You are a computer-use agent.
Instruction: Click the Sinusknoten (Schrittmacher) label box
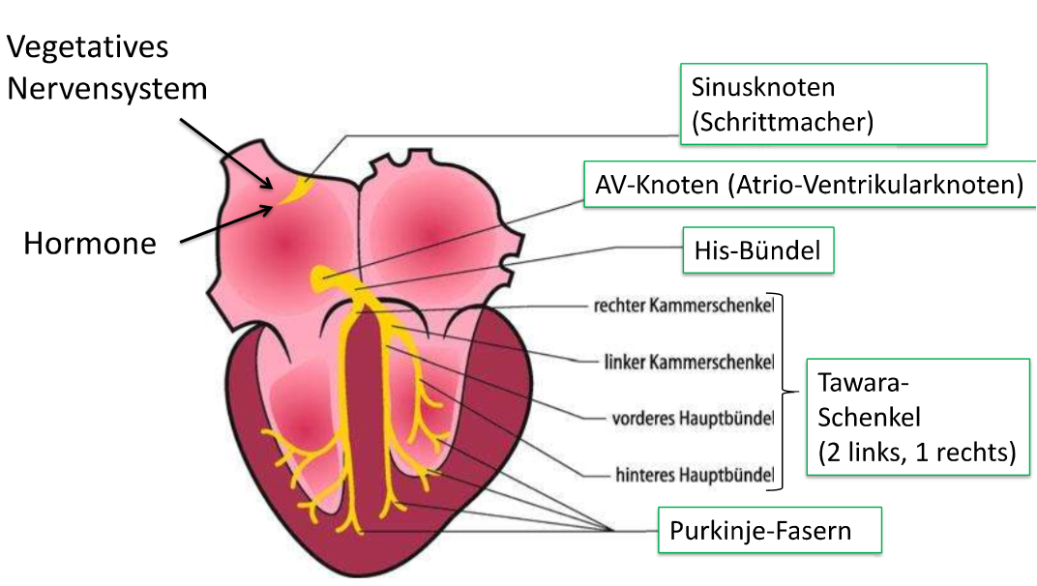pyautogui.click(x=833, y=103)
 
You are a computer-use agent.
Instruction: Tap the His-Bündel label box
pyautogui.click(x=757, y=252)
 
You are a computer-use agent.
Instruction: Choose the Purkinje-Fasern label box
pyautogui.click(x=769, y=530)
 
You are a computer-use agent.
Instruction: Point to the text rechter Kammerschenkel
pyautogui.click(x=683, y=307)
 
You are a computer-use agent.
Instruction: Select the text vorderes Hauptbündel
pyautogui.click(x=693, y=419)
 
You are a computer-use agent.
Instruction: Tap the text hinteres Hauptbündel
pyautogui.click(x=695, y=475)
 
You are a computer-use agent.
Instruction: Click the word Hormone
pyautogui.click(x=89, y=244)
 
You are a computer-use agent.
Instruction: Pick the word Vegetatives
pyautogui.click(x=87, y=46)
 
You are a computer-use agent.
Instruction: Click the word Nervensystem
pyautogui.click(x=106, y=89)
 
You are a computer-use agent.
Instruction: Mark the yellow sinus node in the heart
pyautogui.click(x=293, y=189)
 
